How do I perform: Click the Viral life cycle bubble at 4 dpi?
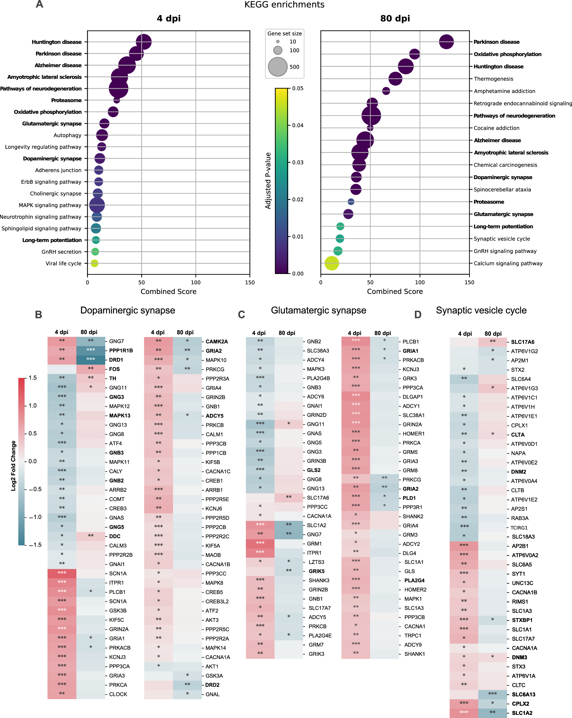[x=94, y=263]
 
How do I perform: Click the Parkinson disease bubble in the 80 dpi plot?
[x=446, y=42]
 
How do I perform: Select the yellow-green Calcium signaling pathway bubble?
[x=332, y=263]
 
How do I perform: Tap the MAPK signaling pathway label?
[x=50, y=205]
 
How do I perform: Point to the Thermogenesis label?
[x=493, y=79]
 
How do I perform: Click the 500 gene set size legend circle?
[x=278, y=67]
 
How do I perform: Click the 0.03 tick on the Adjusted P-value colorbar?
[x=297, y=163]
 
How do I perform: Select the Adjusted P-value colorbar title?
[x=268, y=181]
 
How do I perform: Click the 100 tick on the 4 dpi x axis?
[x=196, y=282]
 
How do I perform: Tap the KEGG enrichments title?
[x=284, y=5]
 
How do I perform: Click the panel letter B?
[x=39, y=315]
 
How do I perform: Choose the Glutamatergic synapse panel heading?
[x=318, y=310]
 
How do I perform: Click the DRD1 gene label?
[x=116, y=360]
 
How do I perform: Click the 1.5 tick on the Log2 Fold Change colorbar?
[x=32, y=378]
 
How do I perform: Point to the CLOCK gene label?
[x=118, y=694]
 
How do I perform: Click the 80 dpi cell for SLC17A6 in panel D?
[x=492, y=342]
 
